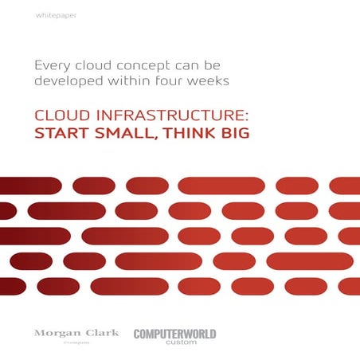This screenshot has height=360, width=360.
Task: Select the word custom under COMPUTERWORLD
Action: pyautogui.click(x=174, y=342)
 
